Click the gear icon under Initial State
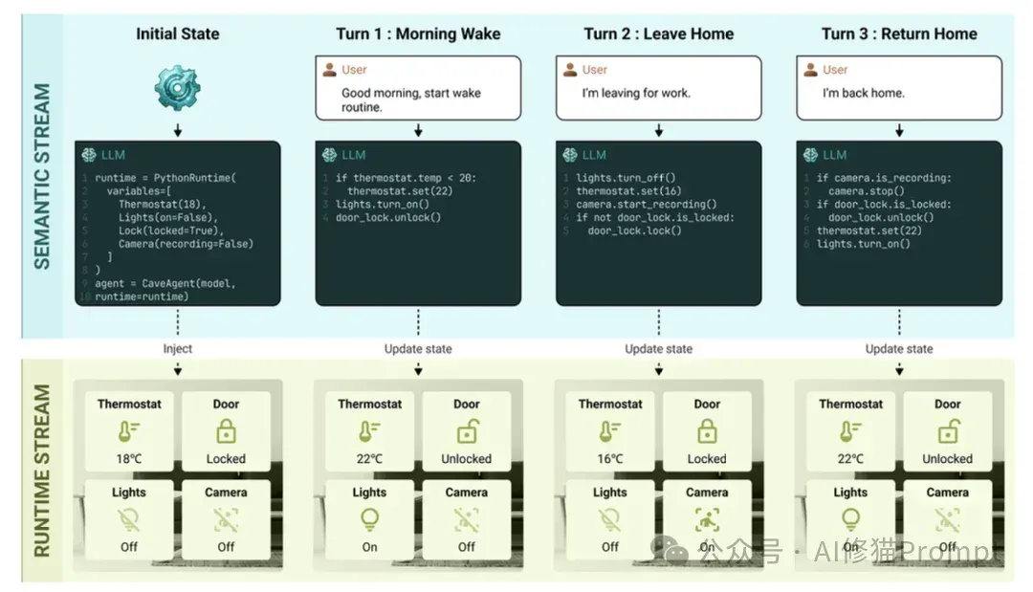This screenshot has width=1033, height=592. point(177,88)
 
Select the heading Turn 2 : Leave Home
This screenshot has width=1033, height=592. point(658,33)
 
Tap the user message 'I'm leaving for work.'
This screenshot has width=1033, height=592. point(636,93)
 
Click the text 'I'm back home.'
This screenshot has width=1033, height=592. point(863,93)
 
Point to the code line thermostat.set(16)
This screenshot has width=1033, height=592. point(628,191)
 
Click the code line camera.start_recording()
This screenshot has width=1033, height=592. point(647,204)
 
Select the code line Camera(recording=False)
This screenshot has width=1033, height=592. point(186,244)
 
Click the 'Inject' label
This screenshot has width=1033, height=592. point(177,348)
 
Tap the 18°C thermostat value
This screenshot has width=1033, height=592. point(129,458)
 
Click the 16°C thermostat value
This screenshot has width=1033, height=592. point(610,458)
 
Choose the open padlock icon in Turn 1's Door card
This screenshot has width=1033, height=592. point(467,431)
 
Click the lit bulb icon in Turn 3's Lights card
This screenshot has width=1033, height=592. point(850,519)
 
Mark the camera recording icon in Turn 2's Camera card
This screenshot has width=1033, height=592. point(707,519)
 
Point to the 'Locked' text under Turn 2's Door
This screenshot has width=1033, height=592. point(707,458)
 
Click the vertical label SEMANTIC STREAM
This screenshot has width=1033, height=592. point(41,176)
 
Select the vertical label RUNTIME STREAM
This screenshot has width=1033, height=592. point(41,471)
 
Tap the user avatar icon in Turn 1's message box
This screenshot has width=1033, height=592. point(329,69)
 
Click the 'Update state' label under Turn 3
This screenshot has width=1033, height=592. point(898,348)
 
